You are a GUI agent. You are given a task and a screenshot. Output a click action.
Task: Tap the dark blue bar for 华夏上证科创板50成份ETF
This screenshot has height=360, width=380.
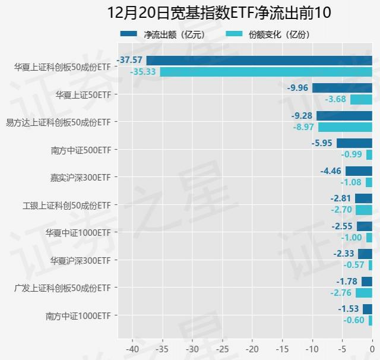259,60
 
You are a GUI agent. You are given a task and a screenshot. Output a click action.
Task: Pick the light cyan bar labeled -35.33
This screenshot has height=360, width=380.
266,72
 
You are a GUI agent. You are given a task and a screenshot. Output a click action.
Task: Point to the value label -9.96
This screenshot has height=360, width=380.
298,88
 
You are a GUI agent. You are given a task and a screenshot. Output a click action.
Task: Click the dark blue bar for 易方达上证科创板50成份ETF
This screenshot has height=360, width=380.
344,115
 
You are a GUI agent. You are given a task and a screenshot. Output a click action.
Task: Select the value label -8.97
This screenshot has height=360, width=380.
304,127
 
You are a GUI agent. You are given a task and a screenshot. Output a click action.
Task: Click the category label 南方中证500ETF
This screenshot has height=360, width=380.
81,150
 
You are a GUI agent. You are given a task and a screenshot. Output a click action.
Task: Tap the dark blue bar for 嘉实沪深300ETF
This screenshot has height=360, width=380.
359,171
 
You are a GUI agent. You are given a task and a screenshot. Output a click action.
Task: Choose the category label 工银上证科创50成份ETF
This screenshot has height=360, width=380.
66,205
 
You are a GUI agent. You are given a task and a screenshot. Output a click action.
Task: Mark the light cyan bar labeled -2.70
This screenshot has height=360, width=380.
364,210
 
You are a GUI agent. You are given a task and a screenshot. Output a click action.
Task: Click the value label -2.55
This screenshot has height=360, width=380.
343,226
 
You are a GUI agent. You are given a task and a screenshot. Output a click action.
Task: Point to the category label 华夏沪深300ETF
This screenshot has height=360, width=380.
81,260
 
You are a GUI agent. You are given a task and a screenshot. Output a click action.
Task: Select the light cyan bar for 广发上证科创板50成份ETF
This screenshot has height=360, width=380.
364,293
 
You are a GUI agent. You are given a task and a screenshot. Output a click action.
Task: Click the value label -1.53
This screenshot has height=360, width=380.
349,309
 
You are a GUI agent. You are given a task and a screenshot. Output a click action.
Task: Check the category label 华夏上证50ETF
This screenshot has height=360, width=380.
83,94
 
